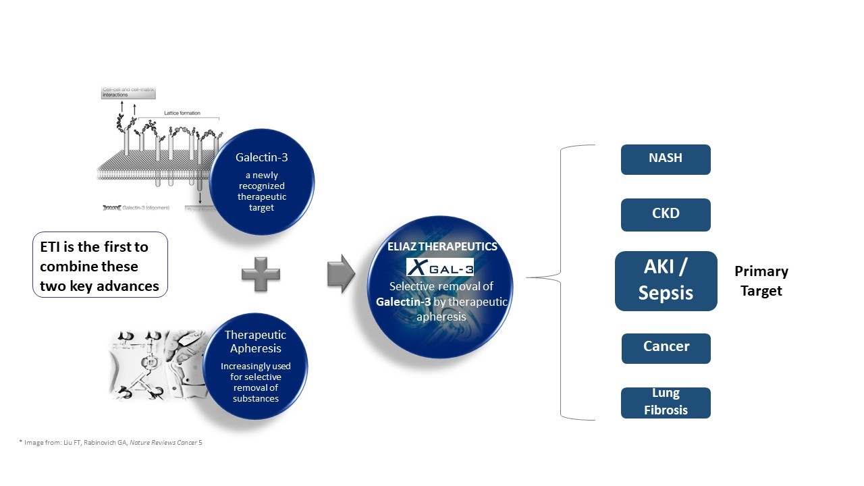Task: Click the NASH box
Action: click(666, 159)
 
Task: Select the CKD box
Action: click(666, 215)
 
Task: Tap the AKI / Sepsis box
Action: click(666, 281)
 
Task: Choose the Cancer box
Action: click(666, 348)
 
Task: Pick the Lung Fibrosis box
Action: click(666, 402)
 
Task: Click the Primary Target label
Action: click(761, 281)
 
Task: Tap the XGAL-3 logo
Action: click(439, 266)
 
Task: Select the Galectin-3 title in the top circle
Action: click(261, 157)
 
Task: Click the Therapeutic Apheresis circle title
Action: click(255, 342)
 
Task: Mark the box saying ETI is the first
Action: click(100, 266)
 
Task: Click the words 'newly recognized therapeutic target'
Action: click(261, 191)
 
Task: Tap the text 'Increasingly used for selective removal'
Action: click(255, 382)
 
